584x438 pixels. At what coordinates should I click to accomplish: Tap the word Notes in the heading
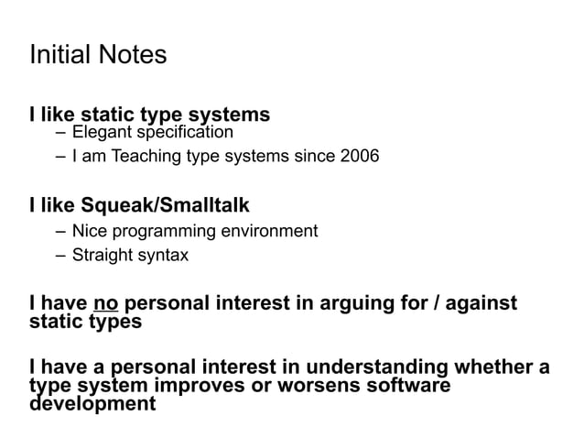pyautogui.click(x=133, y=55)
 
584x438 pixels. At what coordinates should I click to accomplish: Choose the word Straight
pyautogui.click(x=103, y=255)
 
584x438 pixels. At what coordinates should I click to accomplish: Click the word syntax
pyautogui.click(x=164, y=255)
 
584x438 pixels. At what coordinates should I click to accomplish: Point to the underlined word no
pyautogui.click(x=106, y=302)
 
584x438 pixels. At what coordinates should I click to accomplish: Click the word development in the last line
pyautogui.click(x=92, y=403)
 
